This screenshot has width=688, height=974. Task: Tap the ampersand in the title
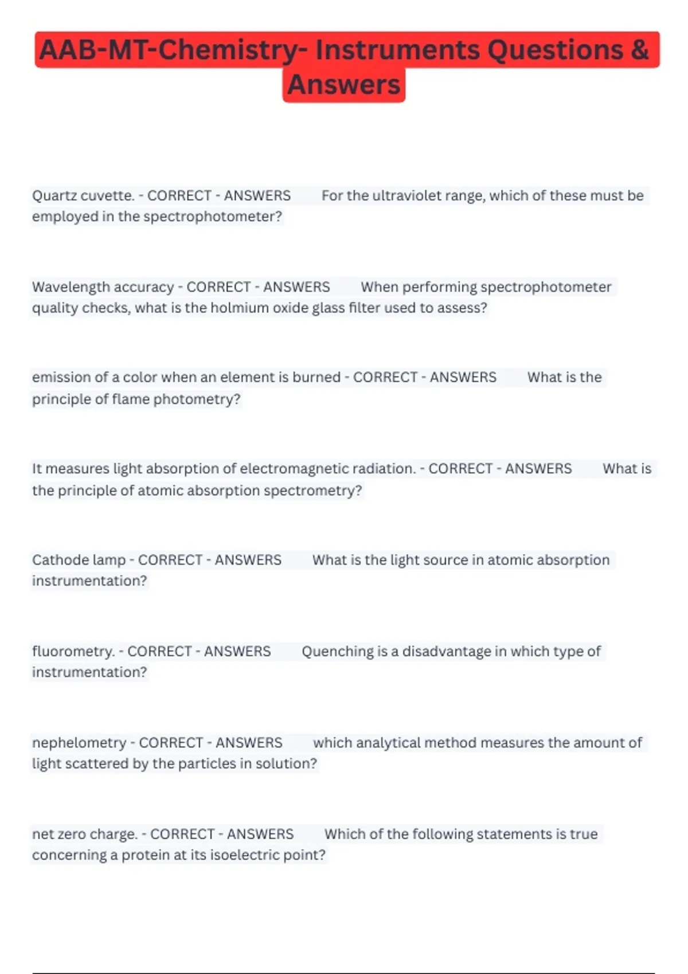[639, 50]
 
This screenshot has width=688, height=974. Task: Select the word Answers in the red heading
[344, 85]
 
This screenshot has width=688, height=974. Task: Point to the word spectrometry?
[313, 490]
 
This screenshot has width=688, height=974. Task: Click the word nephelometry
[79, 743]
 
